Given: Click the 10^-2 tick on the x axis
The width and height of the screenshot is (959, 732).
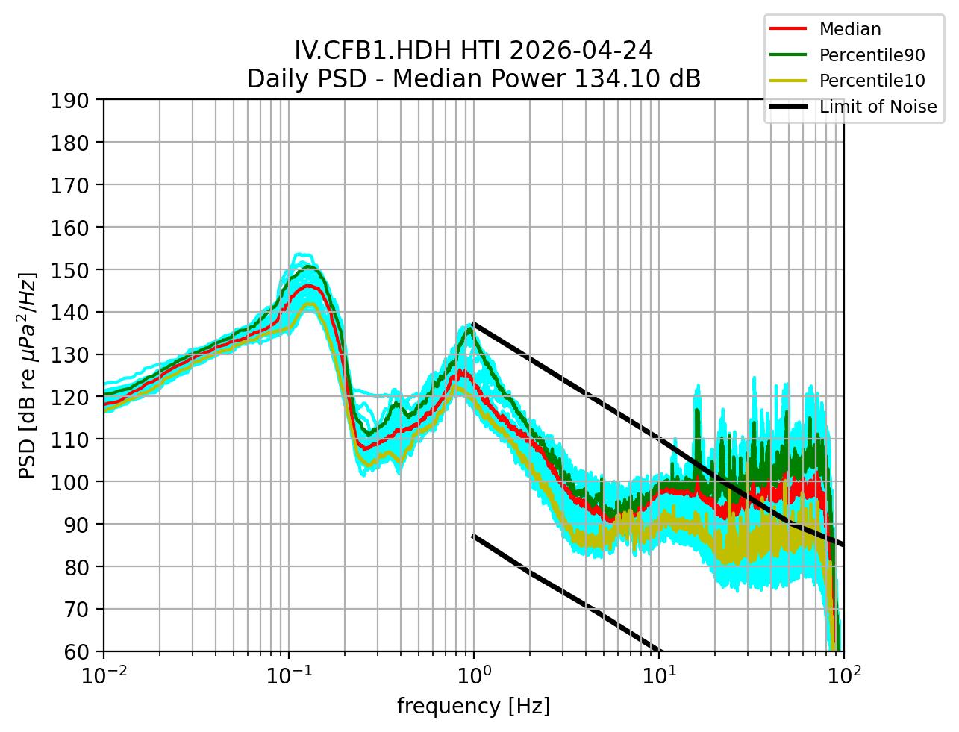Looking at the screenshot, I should pos(104,676).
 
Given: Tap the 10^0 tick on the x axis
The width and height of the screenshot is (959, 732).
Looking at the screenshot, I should pos(474,676).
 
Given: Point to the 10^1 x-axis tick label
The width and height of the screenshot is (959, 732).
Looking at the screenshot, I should pos(659,676).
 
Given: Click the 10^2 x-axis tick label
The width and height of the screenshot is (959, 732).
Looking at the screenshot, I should pos(844,676).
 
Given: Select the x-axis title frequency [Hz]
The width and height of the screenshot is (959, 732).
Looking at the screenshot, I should pos(473,706).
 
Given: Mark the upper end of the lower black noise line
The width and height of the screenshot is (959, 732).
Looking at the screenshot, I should pos(473,535).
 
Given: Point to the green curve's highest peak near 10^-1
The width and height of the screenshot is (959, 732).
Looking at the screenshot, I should pos(309,266).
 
